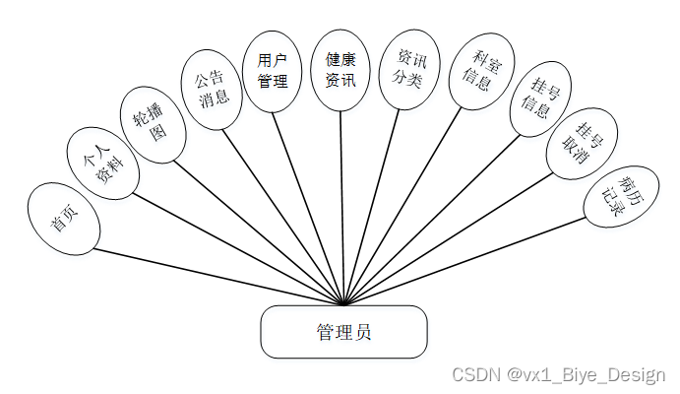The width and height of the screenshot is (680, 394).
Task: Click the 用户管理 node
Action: pos(273,71)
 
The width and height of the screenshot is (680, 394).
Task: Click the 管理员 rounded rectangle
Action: pos(343,331)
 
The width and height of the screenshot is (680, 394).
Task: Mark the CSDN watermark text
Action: pos(558,375)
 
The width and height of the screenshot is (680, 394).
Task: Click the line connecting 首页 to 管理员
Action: pos(216,276)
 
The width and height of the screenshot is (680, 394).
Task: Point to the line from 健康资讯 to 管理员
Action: pos(341,197)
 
